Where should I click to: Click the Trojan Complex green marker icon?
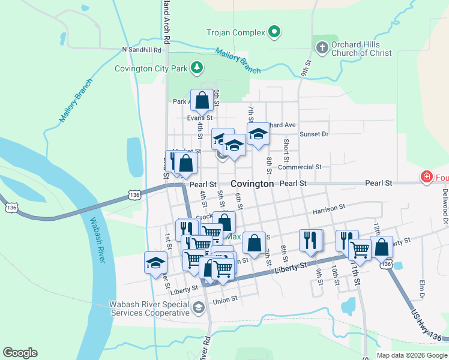coord(274,32)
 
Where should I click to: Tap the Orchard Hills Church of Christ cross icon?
coord(321,47)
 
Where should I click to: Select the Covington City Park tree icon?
coord(196,68)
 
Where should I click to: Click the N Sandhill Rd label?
coord(142,50)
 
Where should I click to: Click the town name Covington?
coord(252,184)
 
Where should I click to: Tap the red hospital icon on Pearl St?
coord(426,177)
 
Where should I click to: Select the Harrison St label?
coord(329,207)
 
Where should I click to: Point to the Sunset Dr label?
coord(314,134)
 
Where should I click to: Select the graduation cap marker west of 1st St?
coord(155,262)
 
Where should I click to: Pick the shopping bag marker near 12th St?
coord(382,247)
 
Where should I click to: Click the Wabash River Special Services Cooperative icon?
coord(198,308)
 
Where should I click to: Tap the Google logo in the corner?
coord(20,353)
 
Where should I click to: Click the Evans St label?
coord(196,118)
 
